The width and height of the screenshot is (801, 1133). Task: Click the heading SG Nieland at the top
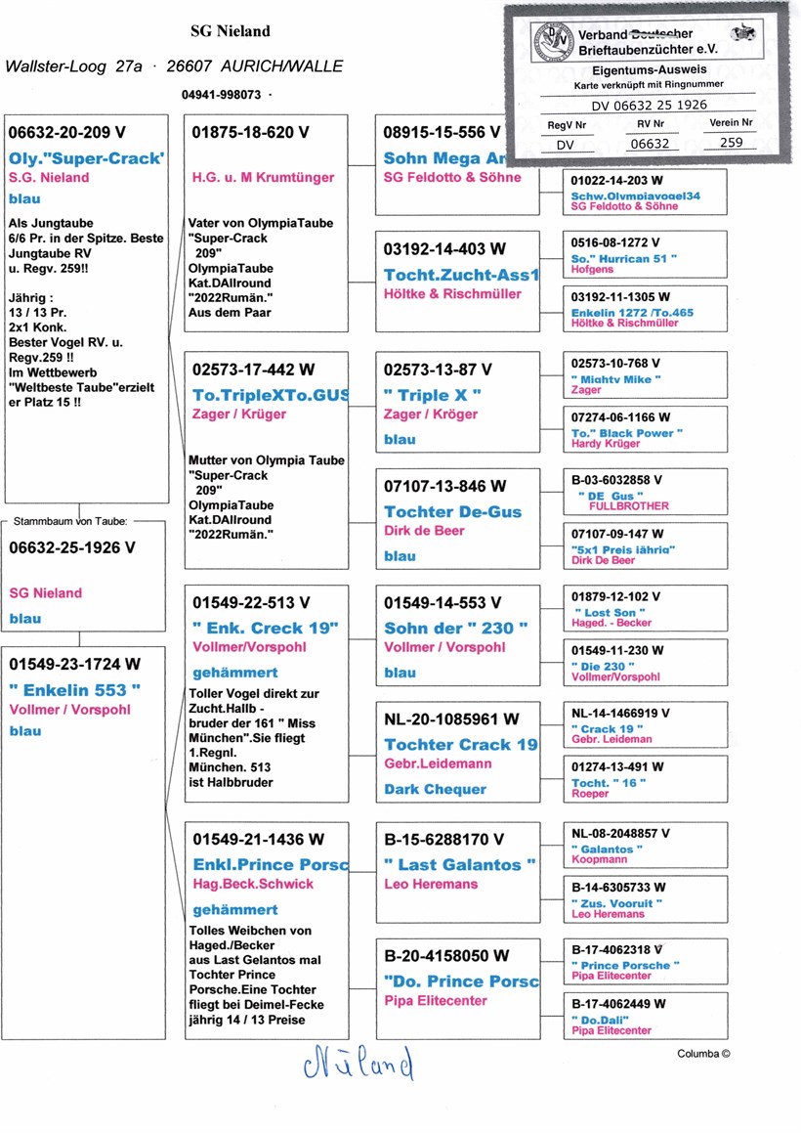click(230, 31)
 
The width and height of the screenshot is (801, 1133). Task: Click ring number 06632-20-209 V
click(67, 132)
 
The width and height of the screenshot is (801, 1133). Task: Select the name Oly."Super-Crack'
click(86, 157)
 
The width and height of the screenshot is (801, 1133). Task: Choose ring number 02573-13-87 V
click(438, 370)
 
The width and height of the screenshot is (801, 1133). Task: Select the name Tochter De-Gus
click(452, 511)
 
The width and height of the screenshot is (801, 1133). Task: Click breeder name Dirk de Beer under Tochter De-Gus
click(424, 531)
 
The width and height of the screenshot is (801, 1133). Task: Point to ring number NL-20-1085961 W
click(451, 719)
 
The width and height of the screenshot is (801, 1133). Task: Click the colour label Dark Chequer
click(435, 789)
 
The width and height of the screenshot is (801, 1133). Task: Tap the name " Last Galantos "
click(459, 864)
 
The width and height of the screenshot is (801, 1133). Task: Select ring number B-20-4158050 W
click(446, 955)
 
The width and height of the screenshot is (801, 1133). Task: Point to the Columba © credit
click(703, 1053)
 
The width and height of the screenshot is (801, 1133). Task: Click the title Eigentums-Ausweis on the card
click(650, 70)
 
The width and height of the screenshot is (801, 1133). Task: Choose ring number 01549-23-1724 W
click(74, 665)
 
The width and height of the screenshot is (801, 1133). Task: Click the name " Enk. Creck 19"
click(266, 627)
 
